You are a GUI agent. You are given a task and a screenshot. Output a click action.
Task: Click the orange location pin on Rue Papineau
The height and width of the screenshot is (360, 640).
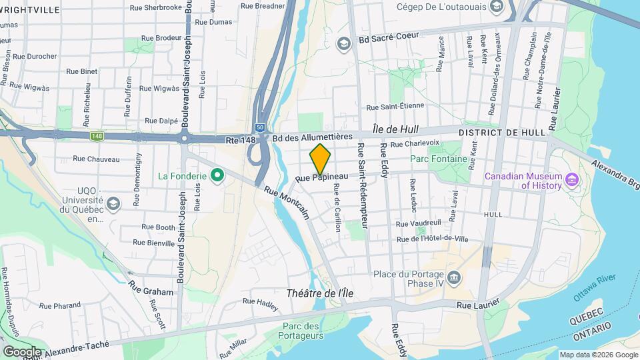click(320, 159)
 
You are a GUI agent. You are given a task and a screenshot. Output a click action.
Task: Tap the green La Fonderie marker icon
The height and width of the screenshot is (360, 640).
click(216, 177)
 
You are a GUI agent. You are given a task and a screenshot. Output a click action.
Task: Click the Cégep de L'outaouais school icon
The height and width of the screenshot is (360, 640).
click(495, 7)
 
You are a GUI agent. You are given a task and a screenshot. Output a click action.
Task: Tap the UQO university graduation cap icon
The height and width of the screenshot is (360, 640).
click(113, 203)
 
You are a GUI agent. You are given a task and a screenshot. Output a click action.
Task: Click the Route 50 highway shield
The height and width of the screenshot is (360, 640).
click(259, 127)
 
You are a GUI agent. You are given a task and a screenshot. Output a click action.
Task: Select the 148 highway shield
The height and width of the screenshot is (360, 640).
click(98, 136)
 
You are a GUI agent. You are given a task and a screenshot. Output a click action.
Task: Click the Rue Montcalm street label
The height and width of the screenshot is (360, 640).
click(287, 202)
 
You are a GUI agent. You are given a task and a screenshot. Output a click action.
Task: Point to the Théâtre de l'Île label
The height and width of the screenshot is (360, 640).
click(319, 293)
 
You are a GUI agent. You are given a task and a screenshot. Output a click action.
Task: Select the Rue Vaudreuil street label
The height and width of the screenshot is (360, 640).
click(418, 225)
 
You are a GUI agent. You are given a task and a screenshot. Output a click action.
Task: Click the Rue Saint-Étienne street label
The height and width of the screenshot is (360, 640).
click(395, 107)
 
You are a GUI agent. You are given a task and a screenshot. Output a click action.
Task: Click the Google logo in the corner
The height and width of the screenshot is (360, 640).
click(22, 351)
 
